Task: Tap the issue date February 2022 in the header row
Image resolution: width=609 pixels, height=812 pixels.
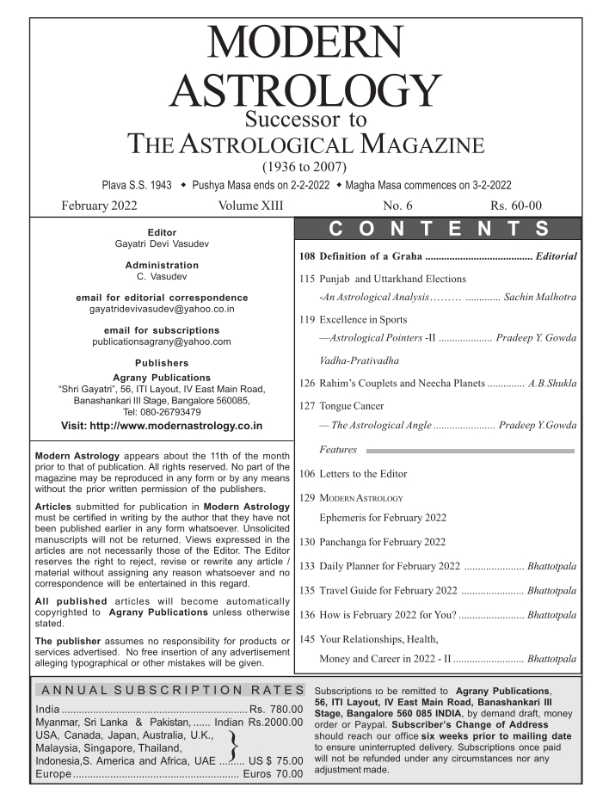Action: click(x=99, y=206)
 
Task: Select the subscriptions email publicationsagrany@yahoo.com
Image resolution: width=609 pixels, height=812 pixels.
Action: click(x=162, y=341)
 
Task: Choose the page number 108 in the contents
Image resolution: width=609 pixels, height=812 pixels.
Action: click(x=307, y=256)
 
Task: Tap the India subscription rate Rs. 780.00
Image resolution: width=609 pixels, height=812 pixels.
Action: click(x=276, y=708)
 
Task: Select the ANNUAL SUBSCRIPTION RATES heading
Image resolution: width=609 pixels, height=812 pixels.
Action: click(x=170, y=690)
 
